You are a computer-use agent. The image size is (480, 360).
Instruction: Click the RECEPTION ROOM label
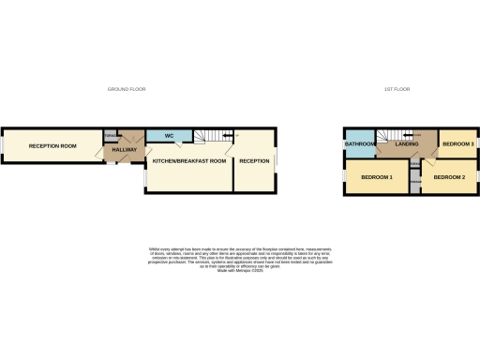click(x=52, y=146)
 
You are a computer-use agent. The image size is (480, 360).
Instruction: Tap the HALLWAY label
click(x=125, y=150)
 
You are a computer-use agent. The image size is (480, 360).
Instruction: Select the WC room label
click(x=170, y=137)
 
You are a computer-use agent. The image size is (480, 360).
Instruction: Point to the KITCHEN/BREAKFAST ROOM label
click(x=189, y=161)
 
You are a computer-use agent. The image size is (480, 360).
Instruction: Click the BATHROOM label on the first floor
click(x=360, y=144)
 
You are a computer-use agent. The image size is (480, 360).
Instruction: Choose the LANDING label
click(x=407, y=144)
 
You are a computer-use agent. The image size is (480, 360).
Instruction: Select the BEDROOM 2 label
click(x=449, y=176)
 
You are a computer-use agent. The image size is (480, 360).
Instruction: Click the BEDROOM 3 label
click(x=457, y=144)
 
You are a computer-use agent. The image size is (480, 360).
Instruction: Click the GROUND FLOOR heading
click(x=127, y=89)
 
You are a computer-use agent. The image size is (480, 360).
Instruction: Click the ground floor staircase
click(x=215, y=138)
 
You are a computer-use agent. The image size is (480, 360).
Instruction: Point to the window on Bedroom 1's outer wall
click(x=344, y=176)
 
